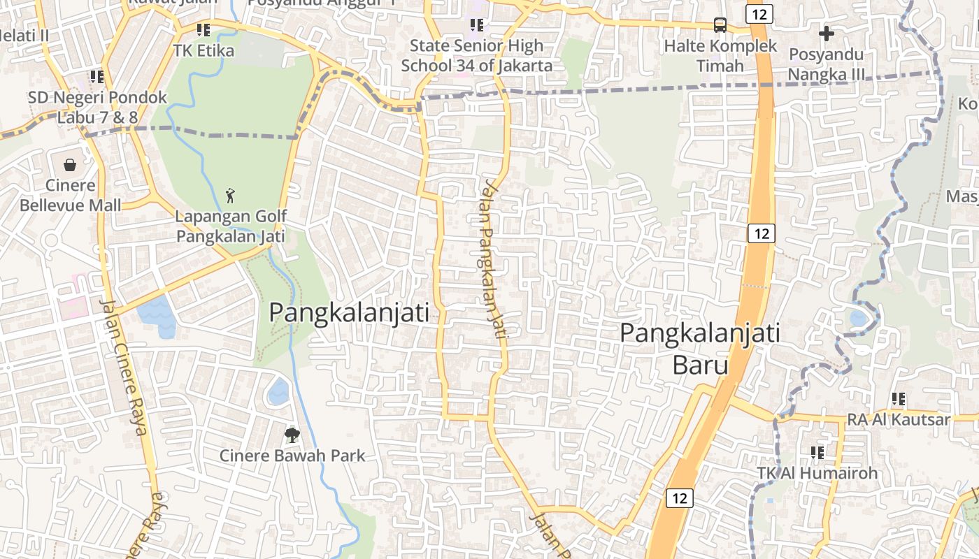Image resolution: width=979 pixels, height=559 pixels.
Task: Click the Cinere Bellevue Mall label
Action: pyautogui.click(x=70, y=195)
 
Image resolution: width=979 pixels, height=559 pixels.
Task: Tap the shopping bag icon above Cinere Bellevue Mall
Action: pyautogui.click(x=70, y=165)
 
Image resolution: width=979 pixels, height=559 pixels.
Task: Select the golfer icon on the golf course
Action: pyautogui.click(x=230, y=196)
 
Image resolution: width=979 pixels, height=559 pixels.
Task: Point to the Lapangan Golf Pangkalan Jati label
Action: pyautogui.click(x=230, y=226)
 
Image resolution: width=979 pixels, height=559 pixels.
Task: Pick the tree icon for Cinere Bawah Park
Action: pyautogui.click(x=292, y=435)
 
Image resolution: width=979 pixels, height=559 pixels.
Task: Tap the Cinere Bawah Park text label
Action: pyautogui.click(x=292, y=456)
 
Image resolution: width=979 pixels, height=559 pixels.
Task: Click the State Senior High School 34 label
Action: pyautogui.click(x=477, y=56)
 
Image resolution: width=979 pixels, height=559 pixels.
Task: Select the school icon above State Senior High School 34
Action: pyautogui.click(x=477, y=26)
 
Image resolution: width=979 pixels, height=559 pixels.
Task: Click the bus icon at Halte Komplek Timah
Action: pyautogui.click(x=720, y=25)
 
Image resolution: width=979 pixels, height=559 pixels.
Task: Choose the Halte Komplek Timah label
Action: pyautogui.click(x=720, y=56)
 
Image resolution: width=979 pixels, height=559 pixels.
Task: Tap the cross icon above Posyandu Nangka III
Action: pyautogui.click(x=827, y=33)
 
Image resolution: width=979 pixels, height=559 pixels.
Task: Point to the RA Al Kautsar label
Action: pyautogui.click(x=899, y=419)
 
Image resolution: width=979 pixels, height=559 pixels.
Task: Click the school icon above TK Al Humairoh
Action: pyautogui.click(x=817, y=453)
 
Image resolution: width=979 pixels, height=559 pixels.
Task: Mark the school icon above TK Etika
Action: pyautogui.click(x=203, y=30)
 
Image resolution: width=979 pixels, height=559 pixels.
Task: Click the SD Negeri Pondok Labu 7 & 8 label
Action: pyautogui.click(x=97, y=107)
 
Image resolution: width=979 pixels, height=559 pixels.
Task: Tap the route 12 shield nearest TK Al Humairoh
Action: pyautogui.click(x=679, y=498)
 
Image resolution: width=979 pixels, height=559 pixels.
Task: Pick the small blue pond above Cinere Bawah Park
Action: pyautogui.click(x=278, y=392)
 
